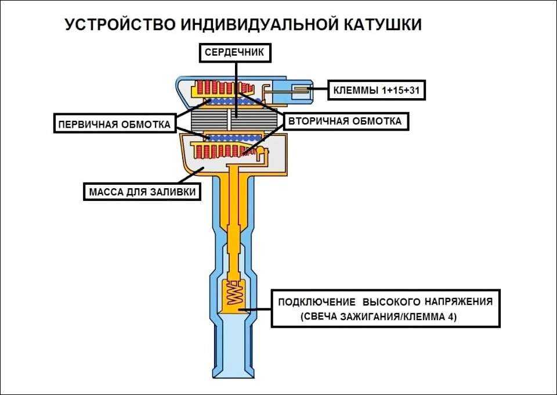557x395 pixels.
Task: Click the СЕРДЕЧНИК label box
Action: (235, 53)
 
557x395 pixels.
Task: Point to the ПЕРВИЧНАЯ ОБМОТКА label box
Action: (114, 124)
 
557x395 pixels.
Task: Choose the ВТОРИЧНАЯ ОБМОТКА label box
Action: (346, 121)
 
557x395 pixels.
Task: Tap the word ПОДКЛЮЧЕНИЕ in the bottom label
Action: (316, 303)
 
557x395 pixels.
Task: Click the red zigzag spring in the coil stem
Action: (234, 294)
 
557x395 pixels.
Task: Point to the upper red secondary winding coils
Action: (218, 89)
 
